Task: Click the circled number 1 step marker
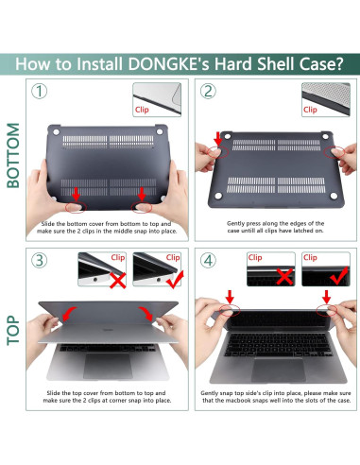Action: tap(39, 93)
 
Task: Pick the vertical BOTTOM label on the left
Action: tap(13, 155)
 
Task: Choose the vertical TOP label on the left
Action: tap(13, 327)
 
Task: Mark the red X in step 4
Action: tap(283, 280)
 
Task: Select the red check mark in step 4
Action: tap(336, 280)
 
